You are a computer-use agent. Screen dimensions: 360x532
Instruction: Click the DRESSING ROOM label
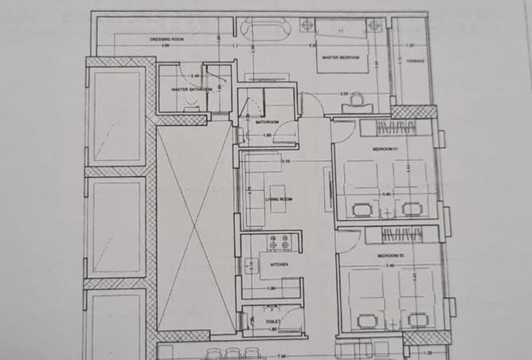click(x=167, y=39)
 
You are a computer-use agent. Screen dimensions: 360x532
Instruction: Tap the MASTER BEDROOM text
click(x=341, y=58)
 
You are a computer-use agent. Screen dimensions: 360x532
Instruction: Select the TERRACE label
click(x=415, y=61)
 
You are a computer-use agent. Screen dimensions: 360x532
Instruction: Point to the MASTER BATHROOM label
click(x=192, y=90)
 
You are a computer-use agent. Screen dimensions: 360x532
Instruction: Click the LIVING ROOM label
click(x=280, y=198)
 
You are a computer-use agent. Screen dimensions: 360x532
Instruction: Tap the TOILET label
click(x=274, y=322)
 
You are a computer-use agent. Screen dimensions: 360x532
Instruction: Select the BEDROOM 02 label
click(x=390, y=255)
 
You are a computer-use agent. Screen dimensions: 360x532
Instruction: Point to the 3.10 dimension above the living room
click(x=284, y=162)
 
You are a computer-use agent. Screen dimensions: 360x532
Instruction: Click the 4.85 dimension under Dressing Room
click(x=166, y=46)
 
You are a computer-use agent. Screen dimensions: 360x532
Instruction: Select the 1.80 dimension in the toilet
click(x=272, y=329)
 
